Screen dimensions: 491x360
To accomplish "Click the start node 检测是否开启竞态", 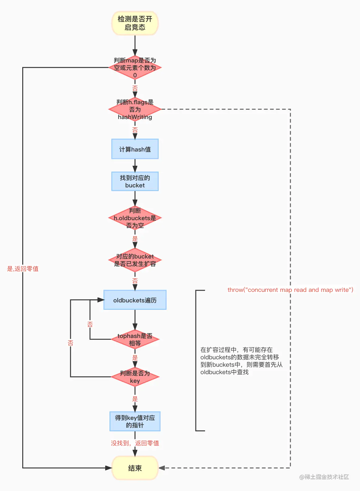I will (x=135, y=23).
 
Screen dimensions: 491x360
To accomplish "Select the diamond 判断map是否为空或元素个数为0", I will (x=135, y=67).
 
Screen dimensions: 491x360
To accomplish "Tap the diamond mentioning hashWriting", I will (x=135, y=109).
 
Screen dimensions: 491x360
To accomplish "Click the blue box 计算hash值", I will (x=135, y=149).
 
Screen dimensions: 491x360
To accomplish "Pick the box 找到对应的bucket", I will (x=135, y=181).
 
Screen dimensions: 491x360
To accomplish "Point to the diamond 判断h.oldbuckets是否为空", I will (x=135, y=218).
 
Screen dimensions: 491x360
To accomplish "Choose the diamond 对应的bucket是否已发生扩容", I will (x=135, y=260).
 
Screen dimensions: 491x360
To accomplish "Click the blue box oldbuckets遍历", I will (x=135, y=300).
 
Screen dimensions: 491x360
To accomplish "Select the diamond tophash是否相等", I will (x=135, y=339).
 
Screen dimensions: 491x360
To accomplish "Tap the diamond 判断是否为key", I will (x=135, y=377).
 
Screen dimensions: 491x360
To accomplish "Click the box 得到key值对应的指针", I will (x=135, y=421).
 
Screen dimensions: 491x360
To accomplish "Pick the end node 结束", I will (x=135, y=468).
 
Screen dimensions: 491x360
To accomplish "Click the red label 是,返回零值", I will (x=23, y=269).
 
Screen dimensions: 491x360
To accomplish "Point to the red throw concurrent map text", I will (x=290, y=290).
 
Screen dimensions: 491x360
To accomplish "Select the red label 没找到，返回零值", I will (x=135, y=443).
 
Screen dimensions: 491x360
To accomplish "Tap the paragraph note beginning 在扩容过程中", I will (x=241, y=361).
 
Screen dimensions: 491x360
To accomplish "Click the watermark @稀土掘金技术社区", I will (x=324, y=477).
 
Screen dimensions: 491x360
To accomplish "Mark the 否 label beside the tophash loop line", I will (x=90, y=324).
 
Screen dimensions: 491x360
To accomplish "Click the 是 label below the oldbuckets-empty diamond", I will (x=135, y=239).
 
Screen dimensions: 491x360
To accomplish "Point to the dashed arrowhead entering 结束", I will (x=162, y=468).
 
